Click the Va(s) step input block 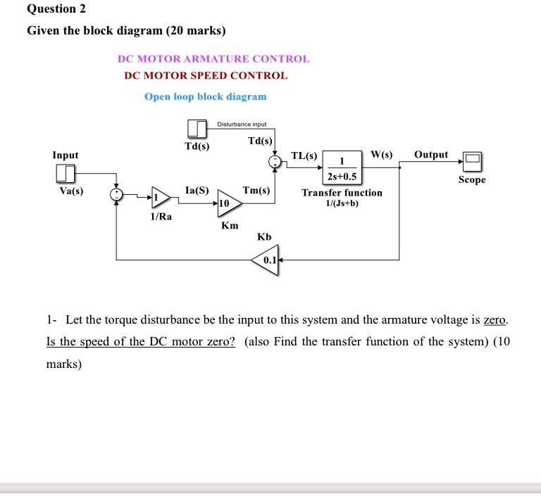pyautogui.click(x=66, y=173)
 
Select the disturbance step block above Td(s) pyautogui.click(x=197, y=129)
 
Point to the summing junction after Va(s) pyautogui.click(x=117, y=195)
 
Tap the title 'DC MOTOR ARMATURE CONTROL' pyautogui.click(x=213, y=59)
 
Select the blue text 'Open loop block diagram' pyautogui.click(x=206, y=96)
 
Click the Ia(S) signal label pyautogui.click(x=196, y=190)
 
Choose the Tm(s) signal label pyautogui.click(x=256, y=190)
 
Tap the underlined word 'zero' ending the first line pyautogui.click(x=495, y=320)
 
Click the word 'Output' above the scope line pyautogui.click(x=431, y=154)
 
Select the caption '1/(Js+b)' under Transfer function pyautogui.click(x=342, y=203)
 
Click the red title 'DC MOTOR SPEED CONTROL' pyautogui.click(x=206, y=75)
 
